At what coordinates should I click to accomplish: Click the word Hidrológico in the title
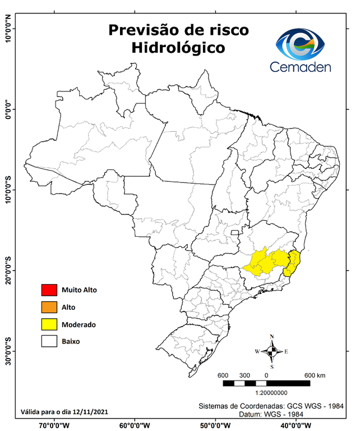click(x=178, y=48)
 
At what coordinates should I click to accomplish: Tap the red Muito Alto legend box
click(x=49, y=290)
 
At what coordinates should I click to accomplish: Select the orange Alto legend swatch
click(x=49, y=307)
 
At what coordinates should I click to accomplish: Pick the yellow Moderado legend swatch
click(x=49, y=324)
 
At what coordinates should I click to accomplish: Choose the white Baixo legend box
click(x=49, y=341)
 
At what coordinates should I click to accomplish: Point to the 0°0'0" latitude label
click(x=8, y=109)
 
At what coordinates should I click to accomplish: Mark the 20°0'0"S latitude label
click(x=8, y=270)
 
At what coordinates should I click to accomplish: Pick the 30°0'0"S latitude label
click(x=8, y=351)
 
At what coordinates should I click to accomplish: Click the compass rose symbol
click(x=271, y=352)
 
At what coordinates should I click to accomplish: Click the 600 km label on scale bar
click(x=316, y=375)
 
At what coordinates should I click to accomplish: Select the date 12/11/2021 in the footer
click(x=89, y=411)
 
